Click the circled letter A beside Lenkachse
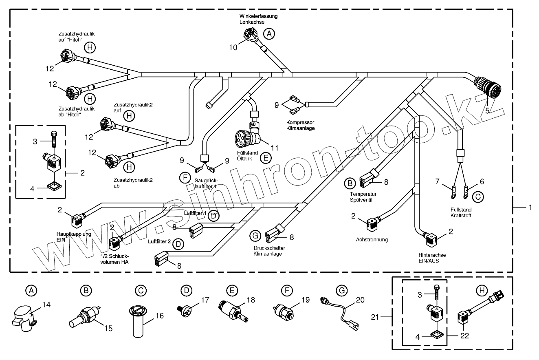click(x=268, y=34)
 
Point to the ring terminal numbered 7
click(x=453, y=192)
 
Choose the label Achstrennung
click(x=372, y=239)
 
